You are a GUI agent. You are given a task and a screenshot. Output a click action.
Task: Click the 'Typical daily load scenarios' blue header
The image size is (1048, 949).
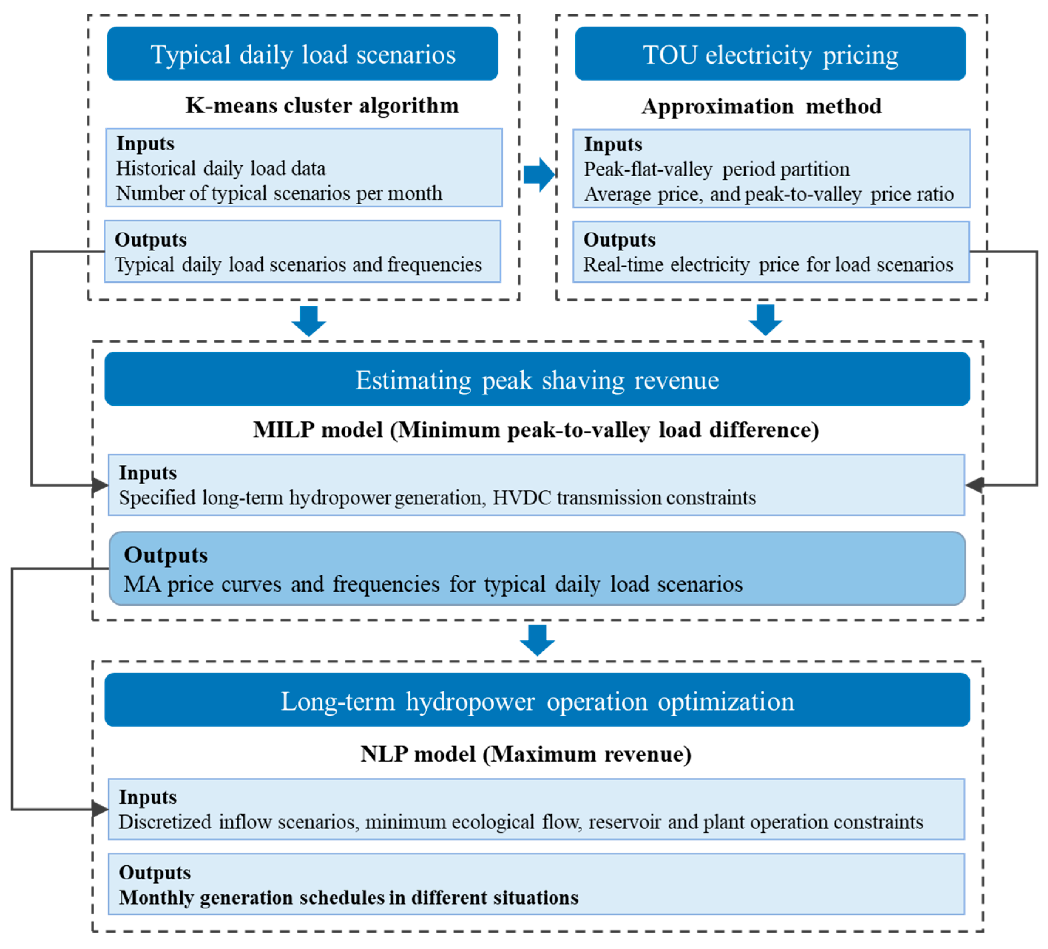pos(302,54)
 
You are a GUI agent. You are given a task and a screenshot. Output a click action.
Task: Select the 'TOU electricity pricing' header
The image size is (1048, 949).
pos(770,54)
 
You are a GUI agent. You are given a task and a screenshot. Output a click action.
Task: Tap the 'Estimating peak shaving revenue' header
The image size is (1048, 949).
pos(537,379)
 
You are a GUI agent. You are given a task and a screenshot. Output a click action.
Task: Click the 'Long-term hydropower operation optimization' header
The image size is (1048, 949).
pos(537,701)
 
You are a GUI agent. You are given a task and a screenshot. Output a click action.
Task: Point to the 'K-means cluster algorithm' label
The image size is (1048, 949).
pos(322,105)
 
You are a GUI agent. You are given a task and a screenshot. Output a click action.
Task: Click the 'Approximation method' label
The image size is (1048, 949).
pos(761,106)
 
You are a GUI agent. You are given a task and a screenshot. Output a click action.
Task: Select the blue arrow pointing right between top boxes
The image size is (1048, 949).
pos(538,174)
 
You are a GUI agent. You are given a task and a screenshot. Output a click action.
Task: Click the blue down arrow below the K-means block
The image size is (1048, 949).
pos(309,320)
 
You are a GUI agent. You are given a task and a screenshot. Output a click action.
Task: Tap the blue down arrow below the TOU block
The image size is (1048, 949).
pos(765,319)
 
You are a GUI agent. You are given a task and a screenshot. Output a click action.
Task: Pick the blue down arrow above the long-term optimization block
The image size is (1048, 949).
pos(537,639)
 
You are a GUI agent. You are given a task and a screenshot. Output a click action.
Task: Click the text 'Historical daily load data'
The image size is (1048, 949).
pos(220,168)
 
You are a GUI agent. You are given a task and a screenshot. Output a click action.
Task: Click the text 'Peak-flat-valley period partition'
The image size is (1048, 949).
pos(716,169)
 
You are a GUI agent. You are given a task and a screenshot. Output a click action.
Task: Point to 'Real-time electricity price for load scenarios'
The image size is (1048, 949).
pos(768,265)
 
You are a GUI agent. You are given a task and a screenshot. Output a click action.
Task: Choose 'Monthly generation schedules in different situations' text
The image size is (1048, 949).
pos(348,898)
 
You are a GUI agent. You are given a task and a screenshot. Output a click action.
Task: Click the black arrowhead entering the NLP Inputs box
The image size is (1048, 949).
pos(100,809)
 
